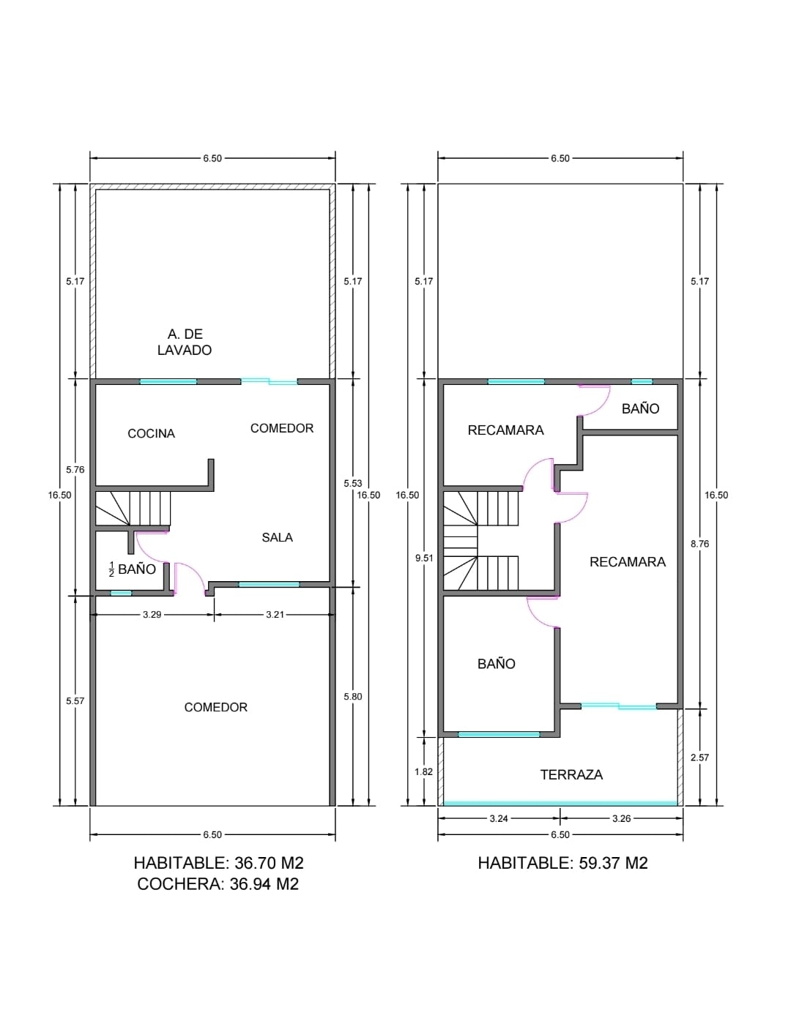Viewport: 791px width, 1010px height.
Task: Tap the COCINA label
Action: tap(151, 434)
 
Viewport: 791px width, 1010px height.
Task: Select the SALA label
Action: tap(277, 538)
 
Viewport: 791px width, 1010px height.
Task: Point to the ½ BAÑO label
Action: tap(132, 569)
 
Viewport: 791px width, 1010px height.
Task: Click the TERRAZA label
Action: tap(571, 775)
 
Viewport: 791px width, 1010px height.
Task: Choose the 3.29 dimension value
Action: tap(152, 615)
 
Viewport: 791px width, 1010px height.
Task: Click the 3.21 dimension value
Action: tap(275, 615)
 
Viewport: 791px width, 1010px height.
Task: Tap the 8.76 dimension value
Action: tap(700, 544)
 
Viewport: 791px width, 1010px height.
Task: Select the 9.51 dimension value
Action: tap(424, 558)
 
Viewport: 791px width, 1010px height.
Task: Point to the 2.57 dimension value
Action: tap(700, 757)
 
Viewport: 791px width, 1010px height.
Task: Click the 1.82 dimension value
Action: tap(423, 772)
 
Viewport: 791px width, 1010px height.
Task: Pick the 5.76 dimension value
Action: tap(75, 470)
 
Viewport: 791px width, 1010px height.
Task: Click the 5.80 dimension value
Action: tap(353, 697)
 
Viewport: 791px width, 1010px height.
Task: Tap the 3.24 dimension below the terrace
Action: tap(499, 819)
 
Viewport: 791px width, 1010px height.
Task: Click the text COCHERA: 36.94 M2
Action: tap(218, 884)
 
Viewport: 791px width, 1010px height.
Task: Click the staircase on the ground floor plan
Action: tap(133, 509)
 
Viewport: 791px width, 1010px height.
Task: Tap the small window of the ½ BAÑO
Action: tap(121, 593)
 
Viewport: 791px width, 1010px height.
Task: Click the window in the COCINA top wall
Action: tap(168, 381)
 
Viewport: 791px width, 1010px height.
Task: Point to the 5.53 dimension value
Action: tap(353, 484)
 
